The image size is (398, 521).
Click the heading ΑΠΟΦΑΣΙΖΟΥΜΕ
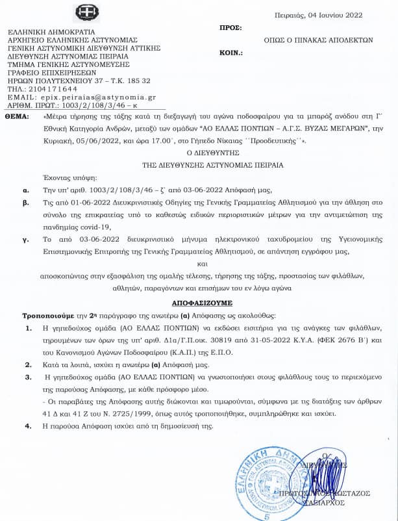pos(199,303)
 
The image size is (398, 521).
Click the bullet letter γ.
pos(24,240)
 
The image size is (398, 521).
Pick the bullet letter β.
pos(25,203)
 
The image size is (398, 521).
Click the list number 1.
pos(27,327)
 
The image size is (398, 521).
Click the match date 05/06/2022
pos(102,140)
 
